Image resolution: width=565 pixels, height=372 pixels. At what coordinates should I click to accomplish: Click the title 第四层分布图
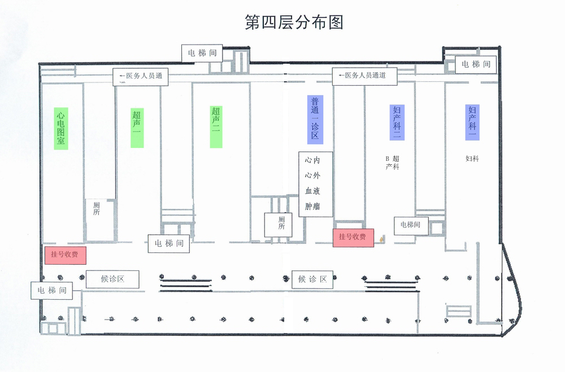point(294,22)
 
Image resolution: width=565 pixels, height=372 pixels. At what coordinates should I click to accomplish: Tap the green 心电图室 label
point(61,128)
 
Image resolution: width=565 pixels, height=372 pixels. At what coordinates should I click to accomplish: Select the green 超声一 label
point(137,128)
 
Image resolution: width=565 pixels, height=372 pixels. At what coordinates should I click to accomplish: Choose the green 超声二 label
point(216,127)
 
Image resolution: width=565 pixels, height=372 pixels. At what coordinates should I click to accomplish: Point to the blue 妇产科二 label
point(397,122)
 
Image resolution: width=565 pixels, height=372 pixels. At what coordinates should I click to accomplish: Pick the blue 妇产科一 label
point(472,122)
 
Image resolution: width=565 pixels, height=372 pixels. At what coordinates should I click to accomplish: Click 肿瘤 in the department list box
point(312,206)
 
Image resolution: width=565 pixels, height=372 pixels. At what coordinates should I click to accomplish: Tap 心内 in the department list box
point(312,160)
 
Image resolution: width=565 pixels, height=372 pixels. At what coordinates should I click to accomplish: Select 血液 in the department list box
point(312,191)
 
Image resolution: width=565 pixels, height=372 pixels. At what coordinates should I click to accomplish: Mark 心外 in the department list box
point(312,176)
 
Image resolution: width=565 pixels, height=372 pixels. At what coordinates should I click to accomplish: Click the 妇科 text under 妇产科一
point(472,159)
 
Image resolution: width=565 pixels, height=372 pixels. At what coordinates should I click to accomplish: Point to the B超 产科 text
point(393,163)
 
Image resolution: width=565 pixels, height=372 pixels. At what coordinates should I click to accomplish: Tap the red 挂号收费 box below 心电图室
point(65,255)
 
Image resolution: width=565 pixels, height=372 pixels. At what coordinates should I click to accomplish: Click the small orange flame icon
point(382,239)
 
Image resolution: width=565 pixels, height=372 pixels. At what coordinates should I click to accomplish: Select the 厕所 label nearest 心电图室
point(97,209)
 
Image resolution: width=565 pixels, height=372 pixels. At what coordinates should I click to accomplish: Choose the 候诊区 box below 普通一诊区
point(312,279)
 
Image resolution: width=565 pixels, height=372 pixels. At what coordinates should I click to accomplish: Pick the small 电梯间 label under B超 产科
point(410,225)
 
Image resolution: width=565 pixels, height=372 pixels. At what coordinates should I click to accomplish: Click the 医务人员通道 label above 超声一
point(141,76)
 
